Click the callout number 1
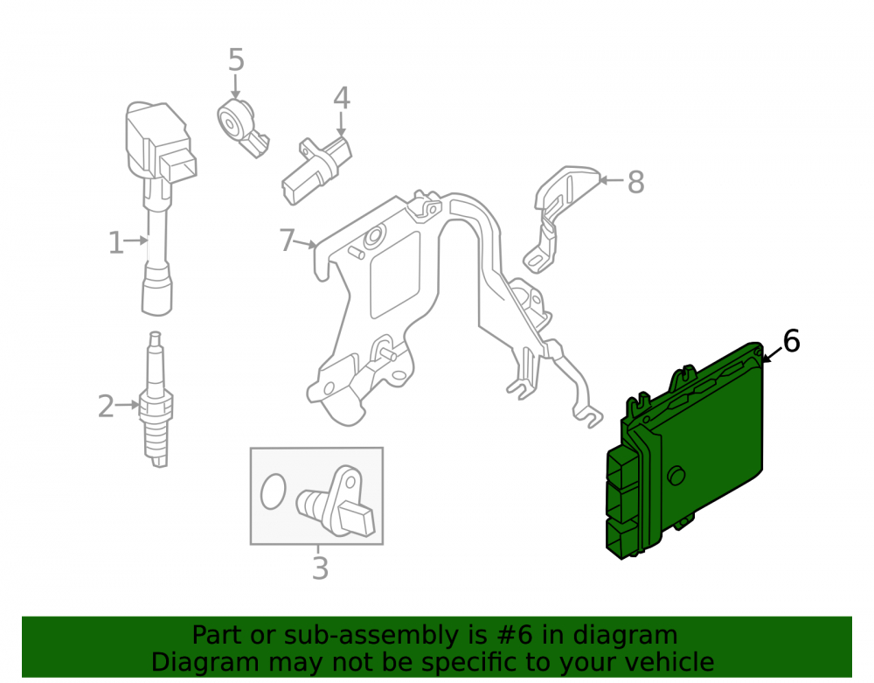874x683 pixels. coord(115,243)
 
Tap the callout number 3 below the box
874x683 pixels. coord(320,568)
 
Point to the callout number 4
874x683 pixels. coord(342,98)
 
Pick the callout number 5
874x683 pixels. coord(236,59)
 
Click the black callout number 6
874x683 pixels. coord(792,341)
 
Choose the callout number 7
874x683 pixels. coord(287,240)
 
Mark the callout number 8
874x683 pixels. coord(636,182)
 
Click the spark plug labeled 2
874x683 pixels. coord(156,400)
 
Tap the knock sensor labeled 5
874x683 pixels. coord(242,127)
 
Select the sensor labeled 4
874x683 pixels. coord(317,170)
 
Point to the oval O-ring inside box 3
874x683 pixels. coord(273,491)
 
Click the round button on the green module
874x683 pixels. coord(676,475)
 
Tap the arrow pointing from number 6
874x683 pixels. coord(773,354)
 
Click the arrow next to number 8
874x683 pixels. coord(611,180)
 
